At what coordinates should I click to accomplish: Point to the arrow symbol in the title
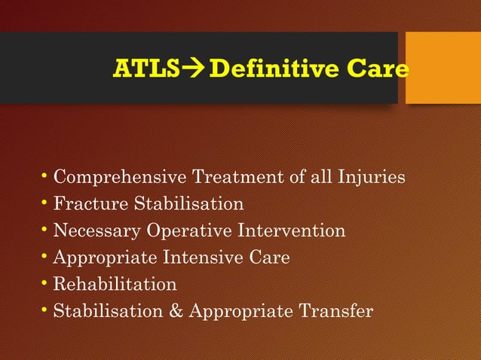click(x=192, y=70)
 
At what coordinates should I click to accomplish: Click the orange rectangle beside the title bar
click(x=443, y=68)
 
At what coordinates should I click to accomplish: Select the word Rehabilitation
click(x=115, y=284)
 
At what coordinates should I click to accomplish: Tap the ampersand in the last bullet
click(x=178, y=311)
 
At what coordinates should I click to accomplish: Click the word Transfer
click(x=336, y=311)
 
